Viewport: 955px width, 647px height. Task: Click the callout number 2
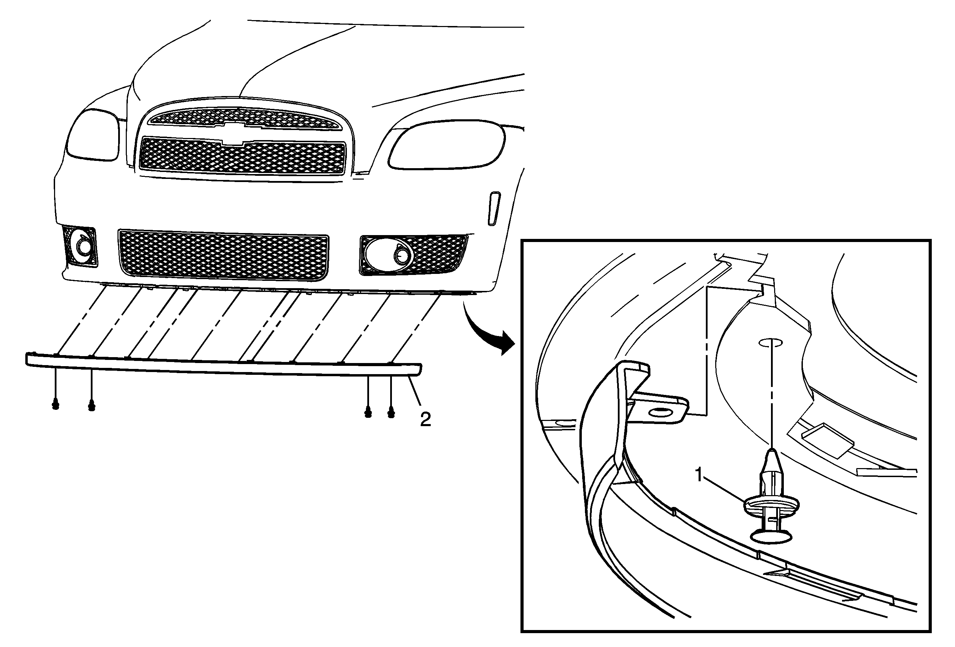(425, 419)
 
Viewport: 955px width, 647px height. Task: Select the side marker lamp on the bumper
(493, 208)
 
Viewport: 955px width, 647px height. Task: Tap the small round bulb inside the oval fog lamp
(401, 257)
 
